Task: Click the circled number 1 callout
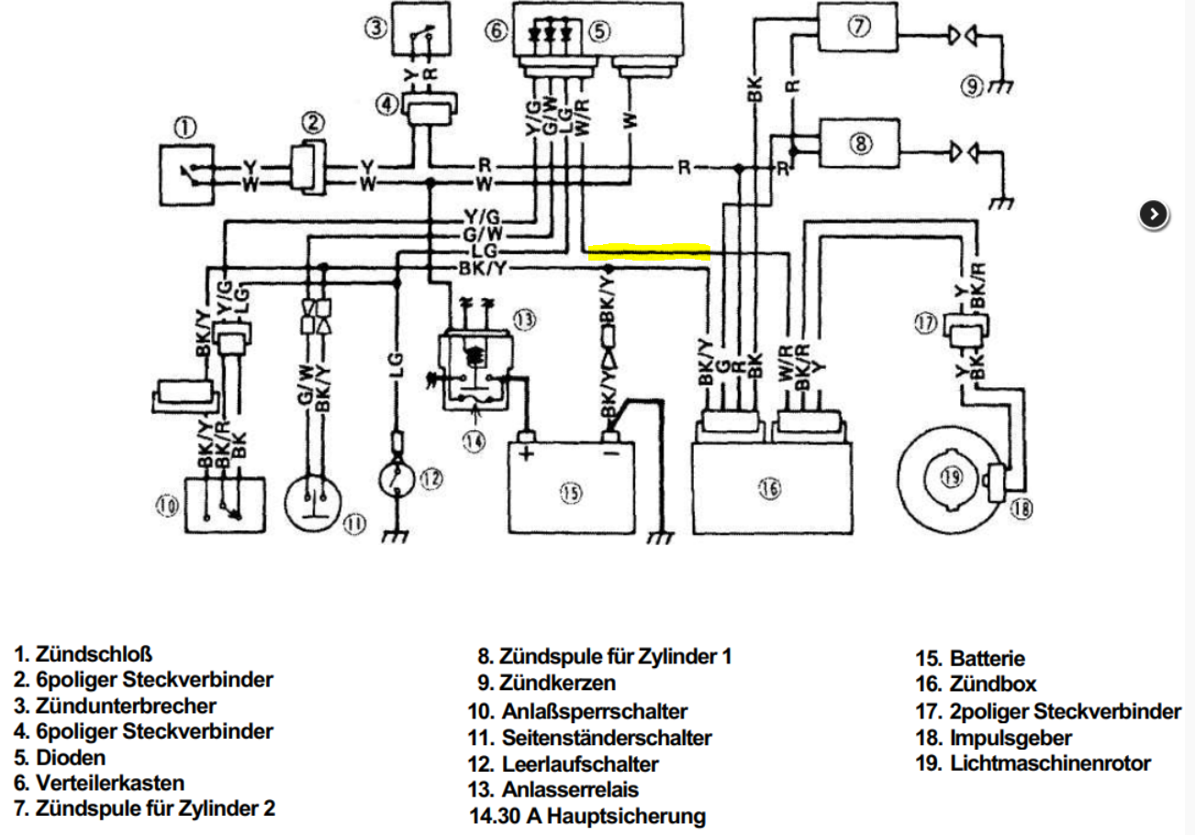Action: (185, 128)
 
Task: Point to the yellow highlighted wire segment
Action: (649, 251)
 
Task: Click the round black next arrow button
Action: (1154, 215)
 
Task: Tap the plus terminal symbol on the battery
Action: (527, 454)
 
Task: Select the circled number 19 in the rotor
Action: (952, 477)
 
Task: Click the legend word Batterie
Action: (987, 659)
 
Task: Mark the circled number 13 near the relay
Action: (524, 320)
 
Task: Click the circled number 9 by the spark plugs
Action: (972, 86)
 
